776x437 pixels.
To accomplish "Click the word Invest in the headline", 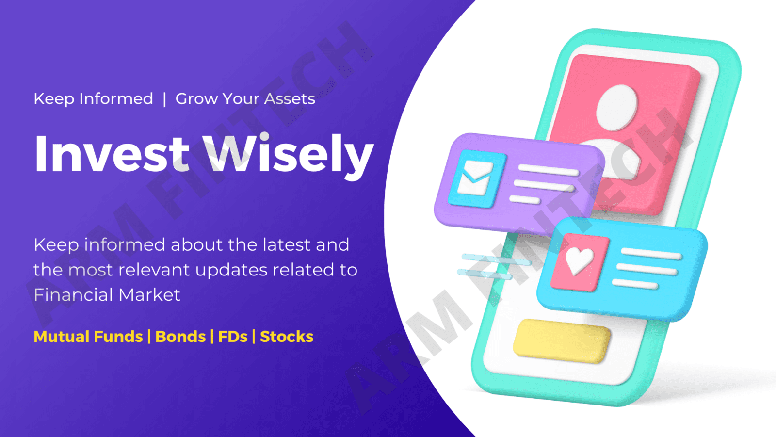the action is tap(112, 154).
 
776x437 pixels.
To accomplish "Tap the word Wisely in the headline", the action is tap(288, 156).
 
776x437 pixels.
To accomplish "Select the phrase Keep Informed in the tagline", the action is tap(93, 99).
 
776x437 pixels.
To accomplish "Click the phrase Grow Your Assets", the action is tap(245, 99).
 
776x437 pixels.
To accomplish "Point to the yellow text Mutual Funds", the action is tap(88, 337).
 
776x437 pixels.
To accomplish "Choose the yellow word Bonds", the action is tap(180, 337).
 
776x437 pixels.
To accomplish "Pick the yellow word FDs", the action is tap(233, 337).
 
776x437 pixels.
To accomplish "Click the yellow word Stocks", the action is tap(287, 337).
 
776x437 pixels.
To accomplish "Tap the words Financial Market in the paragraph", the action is tap(107, 295).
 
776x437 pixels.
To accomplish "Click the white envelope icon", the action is tap(475, 178).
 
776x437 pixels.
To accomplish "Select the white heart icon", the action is tap(579, 260).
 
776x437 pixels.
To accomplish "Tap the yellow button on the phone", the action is tap(562, 341).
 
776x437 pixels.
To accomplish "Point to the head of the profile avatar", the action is tap(616, 107).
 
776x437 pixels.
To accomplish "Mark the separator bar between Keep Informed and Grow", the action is tap(164, 99).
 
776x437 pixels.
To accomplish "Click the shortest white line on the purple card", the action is tap(525, 199).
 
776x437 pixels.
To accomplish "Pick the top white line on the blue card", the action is tap(652, 254).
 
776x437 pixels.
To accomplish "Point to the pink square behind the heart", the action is tap(580, 262).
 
